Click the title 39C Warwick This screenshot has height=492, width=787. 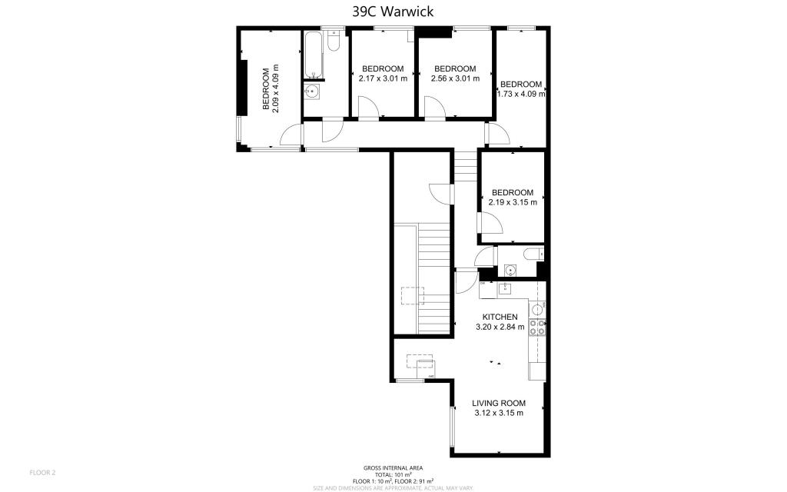click(x=393, y=11)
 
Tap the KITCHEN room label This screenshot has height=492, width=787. click(x=500, y=317)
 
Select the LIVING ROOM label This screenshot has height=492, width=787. click(x=499, y=403)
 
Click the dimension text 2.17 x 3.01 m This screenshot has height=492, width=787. click(x=383, y=78)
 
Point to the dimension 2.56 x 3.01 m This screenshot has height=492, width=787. click(x=455, y=78)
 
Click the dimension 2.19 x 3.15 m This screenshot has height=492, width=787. click(x=513, y=202)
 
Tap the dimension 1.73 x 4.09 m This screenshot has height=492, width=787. click(x=523, y=95)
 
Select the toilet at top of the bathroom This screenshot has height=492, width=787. click(x=333, y=42)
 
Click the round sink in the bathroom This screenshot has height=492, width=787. click(x=312, y=92)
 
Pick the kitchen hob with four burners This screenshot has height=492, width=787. click(x=536, y=327)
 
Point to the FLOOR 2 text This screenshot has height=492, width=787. click(x=42, y=472)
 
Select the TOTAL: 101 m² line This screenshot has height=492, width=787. click(x=393, y=474)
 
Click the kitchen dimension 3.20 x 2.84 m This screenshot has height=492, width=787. click(x=500, y=327)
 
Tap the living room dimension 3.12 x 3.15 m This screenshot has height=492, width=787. click(x=499, y=413)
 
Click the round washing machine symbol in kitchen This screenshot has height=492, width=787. click(x=536, y=309)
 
